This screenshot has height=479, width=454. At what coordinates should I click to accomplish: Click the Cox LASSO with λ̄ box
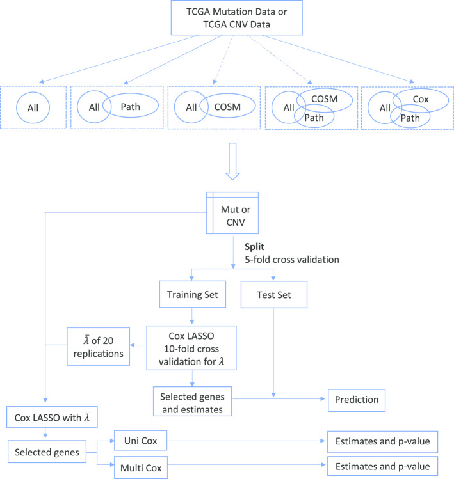pos(44,418)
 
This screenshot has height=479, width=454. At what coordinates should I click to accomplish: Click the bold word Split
pos(250,246)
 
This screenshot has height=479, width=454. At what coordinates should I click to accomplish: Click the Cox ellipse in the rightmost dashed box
pos(419,99)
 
